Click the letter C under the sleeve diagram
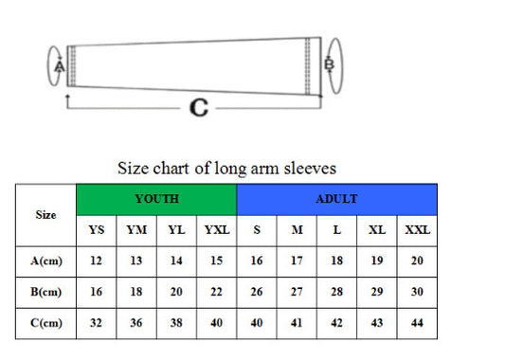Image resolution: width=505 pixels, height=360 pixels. tap(198, 108)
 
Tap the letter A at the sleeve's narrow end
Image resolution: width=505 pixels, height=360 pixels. tap(59, 67)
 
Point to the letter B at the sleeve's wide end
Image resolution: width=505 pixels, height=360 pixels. tap(329, 64)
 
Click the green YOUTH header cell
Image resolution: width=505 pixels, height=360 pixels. tap(156, 199)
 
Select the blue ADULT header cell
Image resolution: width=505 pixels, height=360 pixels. tap(336, 199)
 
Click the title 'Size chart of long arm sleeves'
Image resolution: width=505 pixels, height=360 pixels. tap(226, 169)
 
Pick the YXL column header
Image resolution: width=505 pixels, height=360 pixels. tap(217, 230)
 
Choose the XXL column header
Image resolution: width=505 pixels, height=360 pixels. tap(417, 230)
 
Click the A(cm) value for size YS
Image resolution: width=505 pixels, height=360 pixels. tap(96, 261)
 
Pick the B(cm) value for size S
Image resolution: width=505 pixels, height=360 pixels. tap(256, 292)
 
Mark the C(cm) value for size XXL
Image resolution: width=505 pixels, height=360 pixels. tap(417, 323)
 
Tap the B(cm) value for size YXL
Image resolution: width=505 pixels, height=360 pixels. tap(217, 292)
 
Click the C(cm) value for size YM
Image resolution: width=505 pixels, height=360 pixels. tap(135, 323)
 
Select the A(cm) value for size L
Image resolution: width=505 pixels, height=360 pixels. tap(336, 261)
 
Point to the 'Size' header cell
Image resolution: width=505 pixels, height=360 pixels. tap(45, 215)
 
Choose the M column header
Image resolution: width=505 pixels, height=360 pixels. tap(296, 230)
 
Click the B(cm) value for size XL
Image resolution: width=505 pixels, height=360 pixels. tap(376, 292)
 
